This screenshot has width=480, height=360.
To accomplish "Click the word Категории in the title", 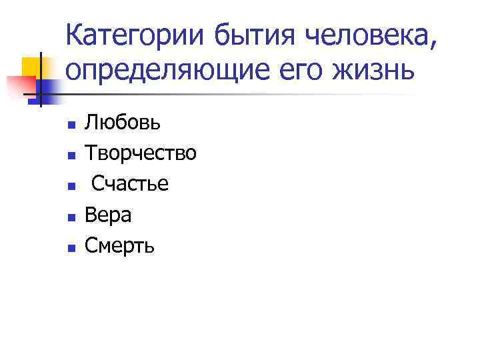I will [138, 34].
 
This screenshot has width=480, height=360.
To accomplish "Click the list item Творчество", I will [140, 153].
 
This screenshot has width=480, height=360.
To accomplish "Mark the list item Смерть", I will [120, 246].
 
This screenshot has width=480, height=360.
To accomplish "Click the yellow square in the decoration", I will [31, 67].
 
